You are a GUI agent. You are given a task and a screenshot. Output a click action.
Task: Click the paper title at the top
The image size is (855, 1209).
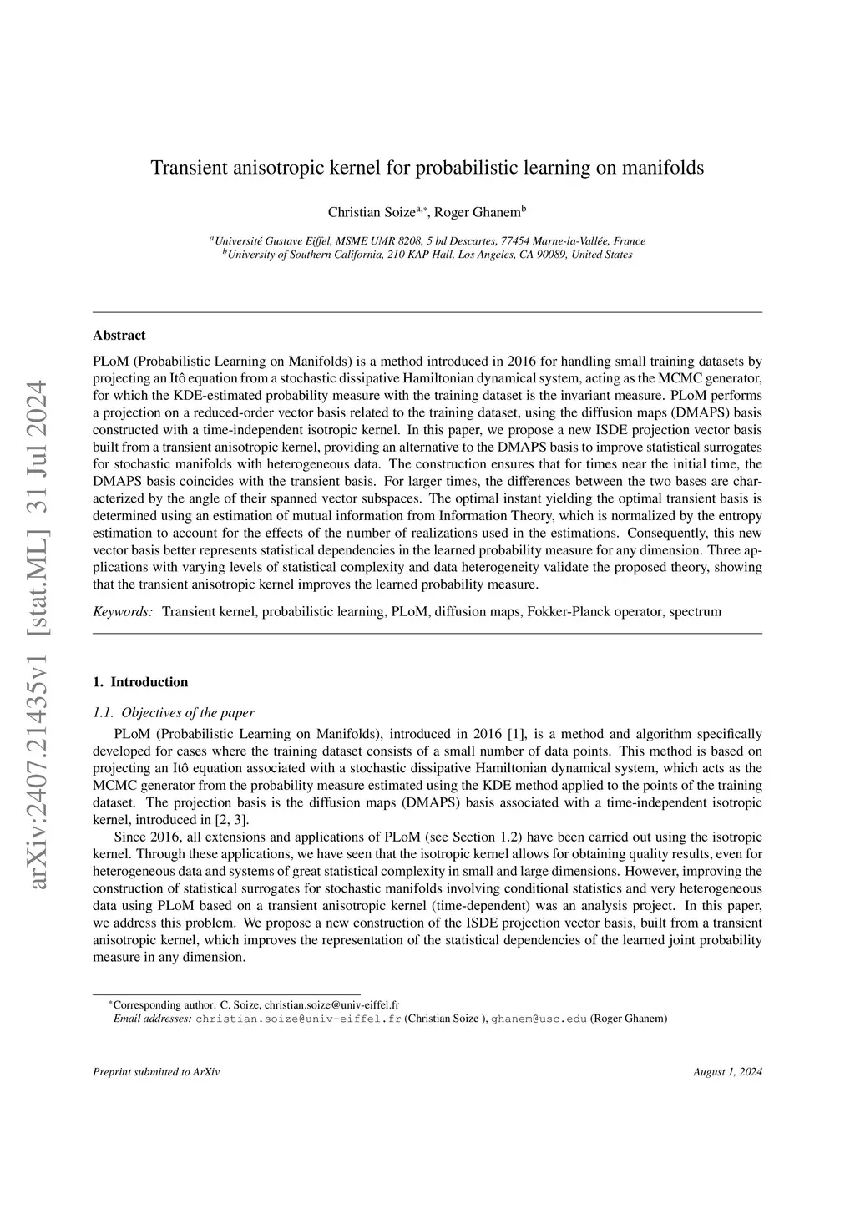coord(427,168)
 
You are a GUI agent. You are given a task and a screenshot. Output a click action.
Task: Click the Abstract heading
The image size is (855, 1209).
coord(119,336)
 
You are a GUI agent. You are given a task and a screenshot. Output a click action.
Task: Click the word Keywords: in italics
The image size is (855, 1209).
coord(123,612)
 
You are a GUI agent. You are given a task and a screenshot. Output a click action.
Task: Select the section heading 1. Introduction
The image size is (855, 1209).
coord(140,682)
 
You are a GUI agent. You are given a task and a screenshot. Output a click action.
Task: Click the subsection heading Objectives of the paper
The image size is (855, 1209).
coord(187,712)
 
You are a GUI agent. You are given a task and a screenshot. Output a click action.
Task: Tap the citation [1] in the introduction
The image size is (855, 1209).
coord(518,734)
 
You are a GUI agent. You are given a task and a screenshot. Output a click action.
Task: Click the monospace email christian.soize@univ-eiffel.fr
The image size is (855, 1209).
coord(298,1019)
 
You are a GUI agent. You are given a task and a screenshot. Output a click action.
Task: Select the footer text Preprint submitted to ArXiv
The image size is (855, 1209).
coord(156,1072)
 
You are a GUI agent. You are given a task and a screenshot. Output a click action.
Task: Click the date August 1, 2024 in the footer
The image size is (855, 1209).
coord(727,1072)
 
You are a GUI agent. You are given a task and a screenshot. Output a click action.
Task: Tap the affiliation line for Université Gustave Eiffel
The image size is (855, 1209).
coord(427,240)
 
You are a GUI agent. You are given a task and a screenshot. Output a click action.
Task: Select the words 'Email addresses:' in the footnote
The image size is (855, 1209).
coord(152,1019)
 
